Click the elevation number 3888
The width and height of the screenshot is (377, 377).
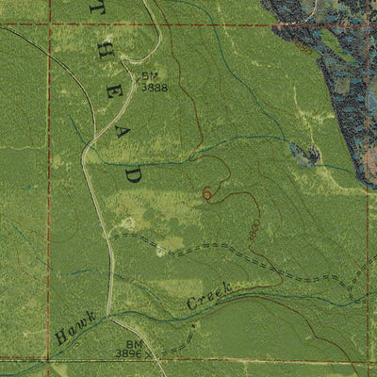(x=155, y=86)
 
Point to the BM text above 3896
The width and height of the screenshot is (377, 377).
(x=134, y=345)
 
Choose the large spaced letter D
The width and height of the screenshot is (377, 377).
(x=133, y=174)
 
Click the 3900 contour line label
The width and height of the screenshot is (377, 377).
(x=254, y=229)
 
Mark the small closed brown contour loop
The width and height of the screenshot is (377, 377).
(x=206, y=193)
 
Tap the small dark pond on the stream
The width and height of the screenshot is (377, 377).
(x=307, y=155)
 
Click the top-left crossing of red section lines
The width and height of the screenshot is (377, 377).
(x=49, y=26)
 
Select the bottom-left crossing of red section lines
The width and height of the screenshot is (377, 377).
(x=49, y=360)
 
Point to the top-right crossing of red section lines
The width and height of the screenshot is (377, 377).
(x=364, y=25)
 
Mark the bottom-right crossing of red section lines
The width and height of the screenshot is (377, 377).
(x=366, y=360)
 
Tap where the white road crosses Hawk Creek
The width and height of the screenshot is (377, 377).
(x=108, y=314)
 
